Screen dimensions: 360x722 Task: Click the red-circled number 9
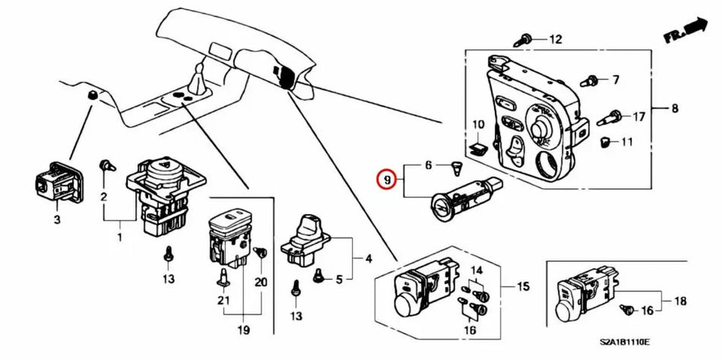tap(388, 180)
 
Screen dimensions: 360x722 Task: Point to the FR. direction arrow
tap(684, 33)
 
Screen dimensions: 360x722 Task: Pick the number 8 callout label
tap(674, 109)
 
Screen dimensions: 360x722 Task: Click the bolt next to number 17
tap(613, 117)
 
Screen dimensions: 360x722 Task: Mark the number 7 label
tap(616, 79)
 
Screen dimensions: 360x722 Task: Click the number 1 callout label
tap(118, 238)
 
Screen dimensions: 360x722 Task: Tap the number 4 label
tap(368, 258)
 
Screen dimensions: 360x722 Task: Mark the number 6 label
tap(428, 165)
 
